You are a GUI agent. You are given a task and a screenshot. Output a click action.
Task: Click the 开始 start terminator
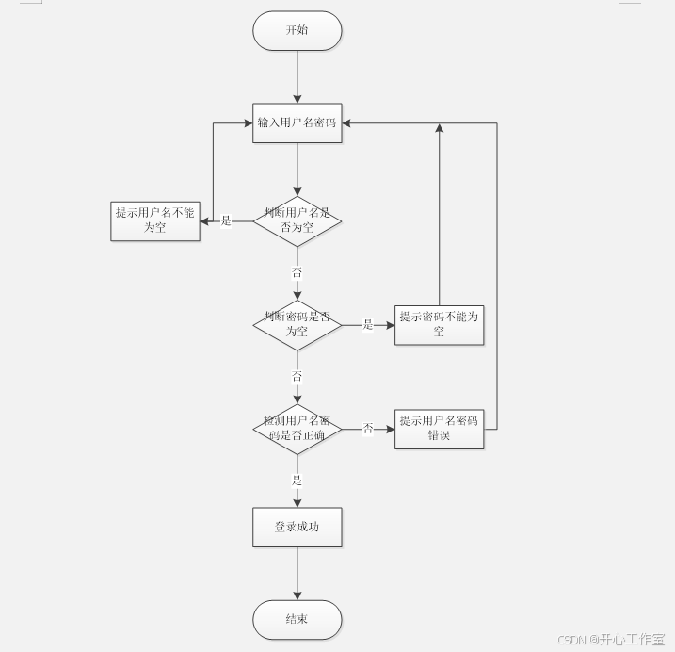297,30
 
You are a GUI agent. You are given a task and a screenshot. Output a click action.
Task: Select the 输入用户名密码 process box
297,123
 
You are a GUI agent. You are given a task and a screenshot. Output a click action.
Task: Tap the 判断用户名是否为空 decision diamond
297,220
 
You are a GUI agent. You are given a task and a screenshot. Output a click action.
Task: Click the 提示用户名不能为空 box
155,220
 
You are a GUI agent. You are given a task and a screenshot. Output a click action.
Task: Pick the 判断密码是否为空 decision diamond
297,325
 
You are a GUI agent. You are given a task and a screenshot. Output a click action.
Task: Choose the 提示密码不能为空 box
439,324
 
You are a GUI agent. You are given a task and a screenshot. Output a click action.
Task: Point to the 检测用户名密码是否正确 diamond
297,429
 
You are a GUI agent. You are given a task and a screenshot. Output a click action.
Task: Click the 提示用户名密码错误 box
439,428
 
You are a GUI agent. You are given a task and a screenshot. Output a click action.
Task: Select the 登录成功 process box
297,527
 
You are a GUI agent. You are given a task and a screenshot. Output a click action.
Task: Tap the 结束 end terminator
297,619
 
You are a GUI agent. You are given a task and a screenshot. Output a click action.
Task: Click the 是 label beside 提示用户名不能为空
226,221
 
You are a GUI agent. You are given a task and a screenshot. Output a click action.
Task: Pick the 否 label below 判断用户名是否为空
297,272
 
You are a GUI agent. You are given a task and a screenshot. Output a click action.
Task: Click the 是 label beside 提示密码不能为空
368,325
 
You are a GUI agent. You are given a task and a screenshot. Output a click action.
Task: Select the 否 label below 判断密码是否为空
297,376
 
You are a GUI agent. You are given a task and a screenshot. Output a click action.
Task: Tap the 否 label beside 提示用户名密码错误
368,429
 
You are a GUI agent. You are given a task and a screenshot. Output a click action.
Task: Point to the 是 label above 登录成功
297,481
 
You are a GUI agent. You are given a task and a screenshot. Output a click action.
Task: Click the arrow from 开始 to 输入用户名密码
297,75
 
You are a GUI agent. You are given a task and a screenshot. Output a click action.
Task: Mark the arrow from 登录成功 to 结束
297,573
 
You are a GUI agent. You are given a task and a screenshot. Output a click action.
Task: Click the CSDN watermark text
611,640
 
